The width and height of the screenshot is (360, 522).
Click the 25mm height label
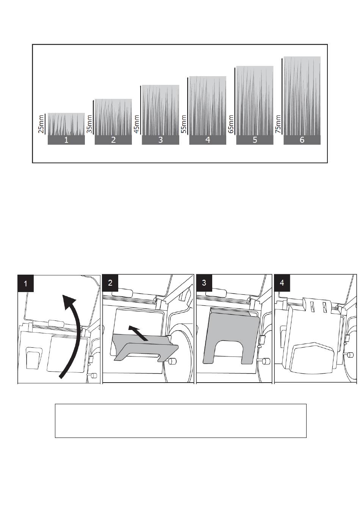click(x=41, y=124)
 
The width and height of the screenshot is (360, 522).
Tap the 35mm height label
click(x=89, y=124)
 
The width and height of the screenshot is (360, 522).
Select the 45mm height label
click(x=136, y=124)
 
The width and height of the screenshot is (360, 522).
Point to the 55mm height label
click(x=184, y=124)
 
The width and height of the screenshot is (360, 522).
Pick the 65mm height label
click(x=231, y=124)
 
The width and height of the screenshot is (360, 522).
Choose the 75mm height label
click(x=278, y=124)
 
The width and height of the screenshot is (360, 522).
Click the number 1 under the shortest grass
click(x=66, y=140)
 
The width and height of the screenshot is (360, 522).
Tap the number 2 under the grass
click(x=113, y=140)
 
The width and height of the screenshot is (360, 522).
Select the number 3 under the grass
click(x=160, y=140)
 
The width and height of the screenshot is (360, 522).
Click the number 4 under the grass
click(x=208, y=140)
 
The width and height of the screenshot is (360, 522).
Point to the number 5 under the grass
click(x=255, y=140)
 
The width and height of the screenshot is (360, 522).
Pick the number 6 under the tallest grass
click(x=302, y=140)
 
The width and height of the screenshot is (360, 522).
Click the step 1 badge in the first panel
click(x=26, y=283)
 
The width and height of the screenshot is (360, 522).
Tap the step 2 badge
click(x=110, y=283)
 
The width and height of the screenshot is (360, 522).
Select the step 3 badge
click(x=204, y=283)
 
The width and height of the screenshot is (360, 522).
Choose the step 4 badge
click(x=282, y=283)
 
